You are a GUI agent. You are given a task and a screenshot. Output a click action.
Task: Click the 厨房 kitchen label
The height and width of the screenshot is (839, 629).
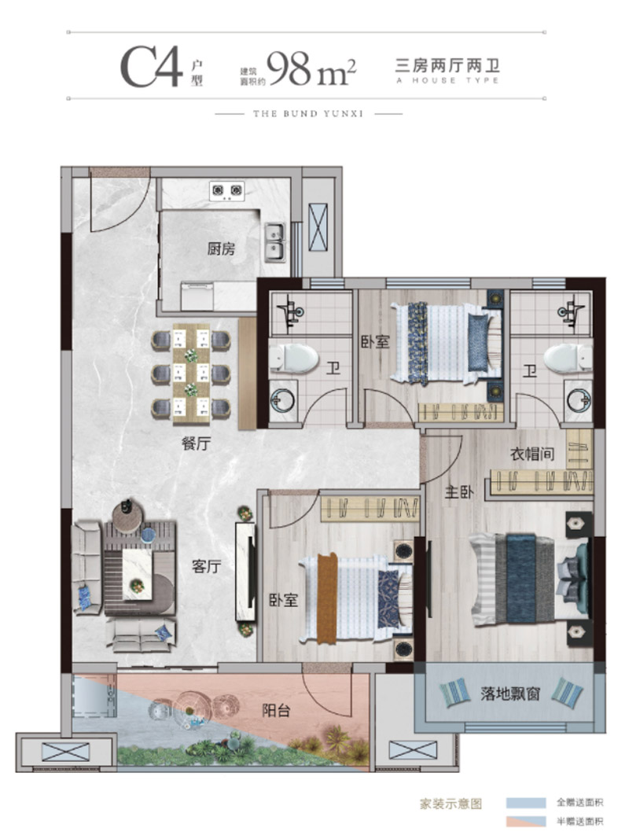click(221, 248)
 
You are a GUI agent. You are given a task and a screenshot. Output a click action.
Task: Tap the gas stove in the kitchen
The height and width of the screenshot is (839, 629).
click(226, 191)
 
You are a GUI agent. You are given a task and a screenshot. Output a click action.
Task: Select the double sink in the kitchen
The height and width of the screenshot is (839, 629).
click(275, 242)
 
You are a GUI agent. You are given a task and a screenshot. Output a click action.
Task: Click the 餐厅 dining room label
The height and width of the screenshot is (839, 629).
click(197, 443)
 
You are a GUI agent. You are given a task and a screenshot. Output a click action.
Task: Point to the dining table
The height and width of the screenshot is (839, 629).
click(191, 374)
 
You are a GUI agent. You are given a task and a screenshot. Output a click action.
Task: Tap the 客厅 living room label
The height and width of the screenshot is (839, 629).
click(207, 566)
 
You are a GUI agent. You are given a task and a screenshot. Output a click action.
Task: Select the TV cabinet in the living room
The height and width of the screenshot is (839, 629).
click(246, 572)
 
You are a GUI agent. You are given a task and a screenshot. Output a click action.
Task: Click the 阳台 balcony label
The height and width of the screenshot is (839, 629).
click(276, 711)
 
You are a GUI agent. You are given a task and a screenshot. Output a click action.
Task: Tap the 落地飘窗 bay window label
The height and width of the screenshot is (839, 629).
click(510, 694)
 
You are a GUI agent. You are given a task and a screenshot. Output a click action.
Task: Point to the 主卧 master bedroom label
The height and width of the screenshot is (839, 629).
click(459, 491)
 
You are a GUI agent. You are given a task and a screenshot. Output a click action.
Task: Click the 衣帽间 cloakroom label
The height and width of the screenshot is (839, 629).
click(532, 454)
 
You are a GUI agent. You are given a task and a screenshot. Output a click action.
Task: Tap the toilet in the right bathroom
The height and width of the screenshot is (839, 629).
click(568, 358)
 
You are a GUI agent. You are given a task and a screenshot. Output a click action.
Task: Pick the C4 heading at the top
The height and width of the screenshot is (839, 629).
click(152, 67)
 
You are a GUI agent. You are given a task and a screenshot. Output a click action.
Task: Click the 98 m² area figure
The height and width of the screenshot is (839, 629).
click(311, 68)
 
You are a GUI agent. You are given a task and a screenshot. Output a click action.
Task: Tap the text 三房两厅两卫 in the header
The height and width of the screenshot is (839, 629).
click(447, 66)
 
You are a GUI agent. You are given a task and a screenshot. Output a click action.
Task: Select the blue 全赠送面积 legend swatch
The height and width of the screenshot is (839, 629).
click(526, 803)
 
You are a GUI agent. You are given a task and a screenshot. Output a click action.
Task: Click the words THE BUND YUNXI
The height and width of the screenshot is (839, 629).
click(308, 113)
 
